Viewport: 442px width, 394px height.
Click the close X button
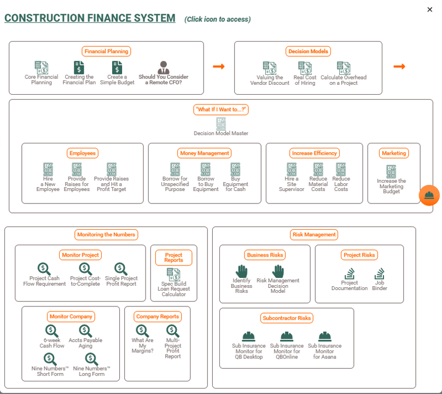(429, 9)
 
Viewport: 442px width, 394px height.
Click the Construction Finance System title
(90, 18)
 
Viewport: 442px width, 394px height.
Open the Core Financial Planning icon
(41, 67)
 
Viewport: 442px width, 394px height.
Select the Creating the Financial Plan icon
(79, 67)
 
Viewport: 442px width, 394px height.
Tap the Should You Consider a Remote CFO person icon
(164, 67)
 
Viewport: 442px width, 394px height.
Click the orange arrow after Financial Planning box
(219, 66)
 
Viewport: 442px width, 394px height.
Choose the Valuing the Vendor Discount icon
(269, 68)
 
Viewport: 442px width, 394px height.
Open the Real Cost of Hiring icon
(305, 68)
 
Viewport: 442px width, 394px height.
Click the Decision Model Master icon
(221, 123)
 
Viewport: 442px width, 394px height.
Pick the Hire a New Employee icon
(48, 169)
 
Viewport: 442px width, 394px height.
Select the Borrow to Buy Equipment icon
(206, 169)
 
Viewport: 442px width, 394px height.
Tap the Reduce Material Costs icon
(318, 169)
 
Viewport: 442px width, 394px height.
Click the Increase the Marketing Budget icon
(391, 171)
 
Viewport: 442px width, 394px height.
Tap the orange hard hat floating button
(429, 195)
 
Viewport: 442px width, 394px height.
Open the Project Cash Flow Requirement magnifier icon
(44, 269)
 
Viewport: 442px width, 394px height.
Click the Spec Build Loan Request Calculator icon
(173, 274)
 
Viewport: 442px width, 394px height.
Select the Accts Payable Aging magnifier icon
(85, 331)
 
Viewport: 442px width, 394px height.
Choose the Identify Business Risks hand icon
(241, 271)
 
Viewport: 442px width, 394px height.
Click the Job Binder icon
(380, 273)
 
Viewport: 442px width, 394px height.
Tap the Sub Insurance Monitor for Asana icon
(324, 336)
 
